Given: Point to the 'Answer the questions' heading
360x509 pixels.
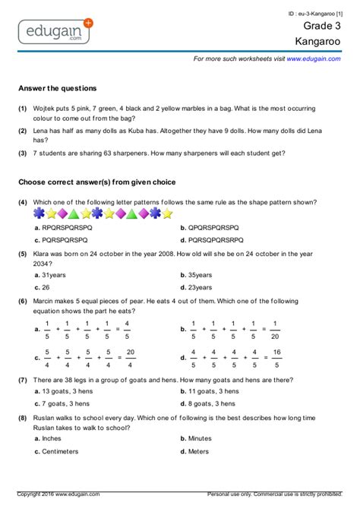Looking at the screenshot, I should pyautogui.click(x=58, y=88).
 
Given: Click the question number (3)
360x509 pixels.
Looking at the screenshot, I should pyautogui.click(x=23, y=153).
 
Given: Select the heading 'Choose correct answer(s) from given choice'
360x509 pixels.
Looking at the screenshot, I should pyautogui.click(x=96, y=182).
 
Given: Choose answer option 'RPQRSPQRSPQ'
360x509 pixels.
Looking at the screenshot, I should pyautogui.click(x=66, y=227).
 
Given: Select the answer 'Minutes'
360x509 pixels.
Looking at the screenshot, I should pyautogui.click(x=201, y=438).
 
